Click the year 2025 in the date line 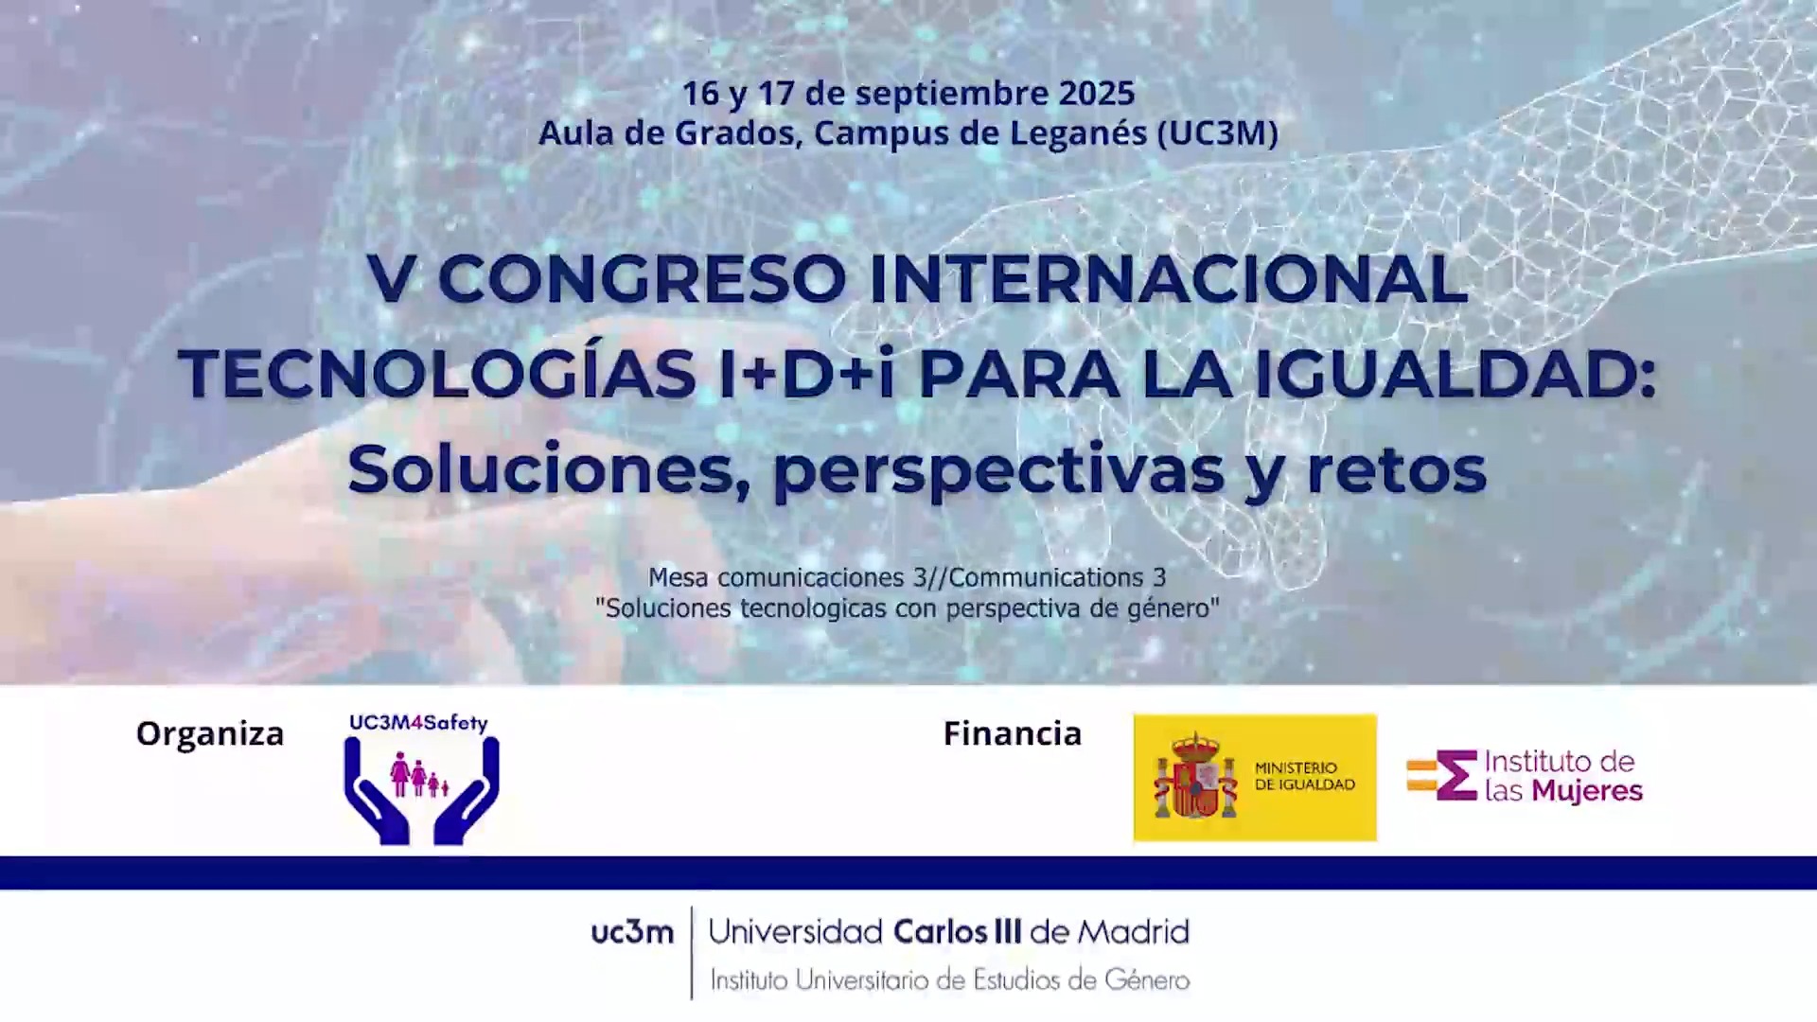[1097, 93]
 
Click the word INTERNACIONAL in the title [1169, 279]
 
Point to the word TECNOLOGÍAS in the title [437, 374]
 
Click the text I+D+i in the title [807, 374]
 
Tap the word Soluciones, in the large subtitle [549, 469]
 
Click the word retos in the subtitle [1397, 471]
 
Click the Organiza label [210, 734]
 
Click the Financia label [1013, 733]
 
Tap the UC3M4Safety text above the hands [418, 723]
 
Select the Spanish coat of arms [1195, 776]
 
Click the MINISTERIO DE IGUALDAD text [1305, 776]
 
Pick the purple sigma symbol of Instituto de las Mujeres [1456, 775]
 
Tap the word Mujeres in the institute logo [1587, 792]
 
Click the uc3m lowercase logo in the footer [632, 933]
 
